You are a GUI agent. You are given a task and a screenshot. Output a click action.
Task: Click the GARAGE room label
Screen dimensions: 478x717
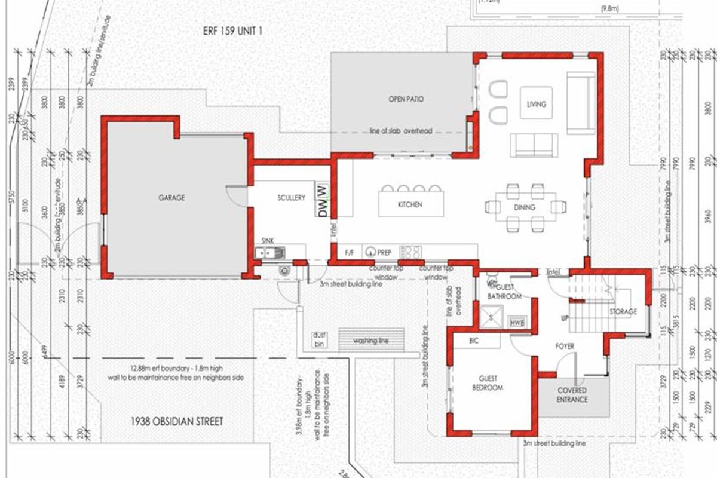(171, 197)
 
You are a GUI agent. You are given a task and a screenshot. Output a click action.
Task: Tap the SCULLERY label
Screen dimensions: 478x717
(291, 198)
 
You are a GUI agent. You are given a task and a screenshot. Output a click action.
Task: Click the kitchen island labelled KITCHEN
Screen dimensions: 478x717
(410, 204)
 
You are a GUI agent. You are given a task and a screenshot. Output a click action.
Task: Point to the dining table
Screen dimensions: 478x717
(523, 207)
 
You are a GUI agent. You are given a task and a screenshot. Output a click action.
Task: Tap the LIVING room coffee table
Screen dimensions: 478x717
(536, 104)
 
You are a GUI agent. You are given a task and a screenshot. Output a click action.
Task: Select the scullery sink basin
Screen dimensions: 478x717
(269, 253)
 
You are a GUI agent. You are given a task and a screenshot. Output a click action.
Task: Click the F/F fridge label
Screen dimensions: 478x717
(350, 253)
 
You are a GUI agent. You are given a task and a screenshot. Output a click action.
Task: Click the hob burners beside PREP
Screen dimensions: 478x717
(411, 252)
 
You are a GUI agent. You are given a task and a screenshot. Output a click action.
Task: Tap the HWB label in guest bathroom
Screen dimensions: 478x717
(517, 323)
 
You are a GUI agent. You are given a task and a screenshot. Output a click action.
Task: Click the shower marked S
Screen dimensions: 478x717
(491, 317)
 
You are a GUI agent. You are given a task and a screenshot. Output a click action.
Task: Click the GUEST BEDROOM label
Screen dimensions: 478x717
(491, 383)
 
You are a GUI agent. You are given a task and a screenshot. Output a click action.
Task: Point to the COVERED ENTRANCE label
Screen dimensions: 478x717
(572, 395)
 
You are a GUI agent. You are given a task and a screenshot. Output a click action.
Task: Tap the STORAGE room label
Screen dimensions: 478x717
(623, 311)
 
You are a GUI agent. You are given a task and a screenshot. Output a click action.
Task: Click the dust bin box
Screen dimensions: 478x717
(319, 339)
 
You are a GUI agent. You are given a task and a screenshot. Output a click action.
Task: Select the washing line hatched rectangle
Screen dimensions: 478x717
(372, 341)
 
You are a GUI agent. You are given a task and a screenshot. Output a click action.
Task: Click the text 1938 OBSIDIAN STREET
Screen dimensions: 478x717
(176, 422)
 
